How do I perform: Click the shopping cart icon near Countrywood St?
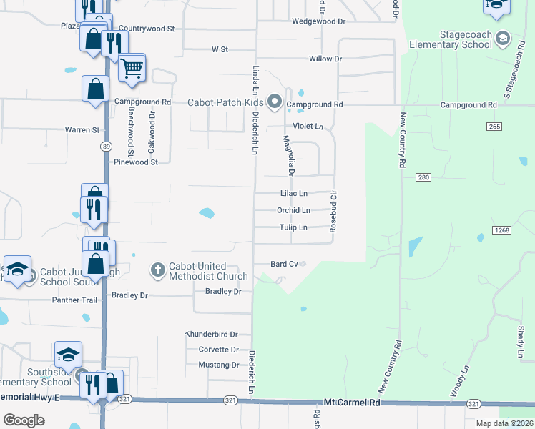tap(132, 69)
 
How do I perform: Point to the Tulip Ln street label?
tap(293, 227)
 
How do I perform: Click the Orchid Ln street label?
tap(293, 210)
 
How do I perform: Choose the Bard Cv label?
tap(284, 264)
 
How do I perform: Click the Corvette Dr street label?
tap(218, 350)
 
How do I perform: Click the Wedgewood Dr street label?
tap(318, 21)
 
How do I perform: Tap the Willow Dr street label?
tap(325, 59)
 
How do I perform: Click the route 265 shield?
tap(493, 127)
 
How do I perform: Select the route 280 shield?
tap(423, 177)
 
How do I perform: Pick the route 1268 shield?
tap(500, 230)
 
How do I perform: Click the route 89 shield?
tap(105, 146)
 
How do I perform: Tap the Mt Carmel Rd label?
tap(351, 403)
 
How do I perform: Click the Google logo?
tap(24, 420)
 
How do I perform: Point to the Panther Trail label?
tap(74, 300)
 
